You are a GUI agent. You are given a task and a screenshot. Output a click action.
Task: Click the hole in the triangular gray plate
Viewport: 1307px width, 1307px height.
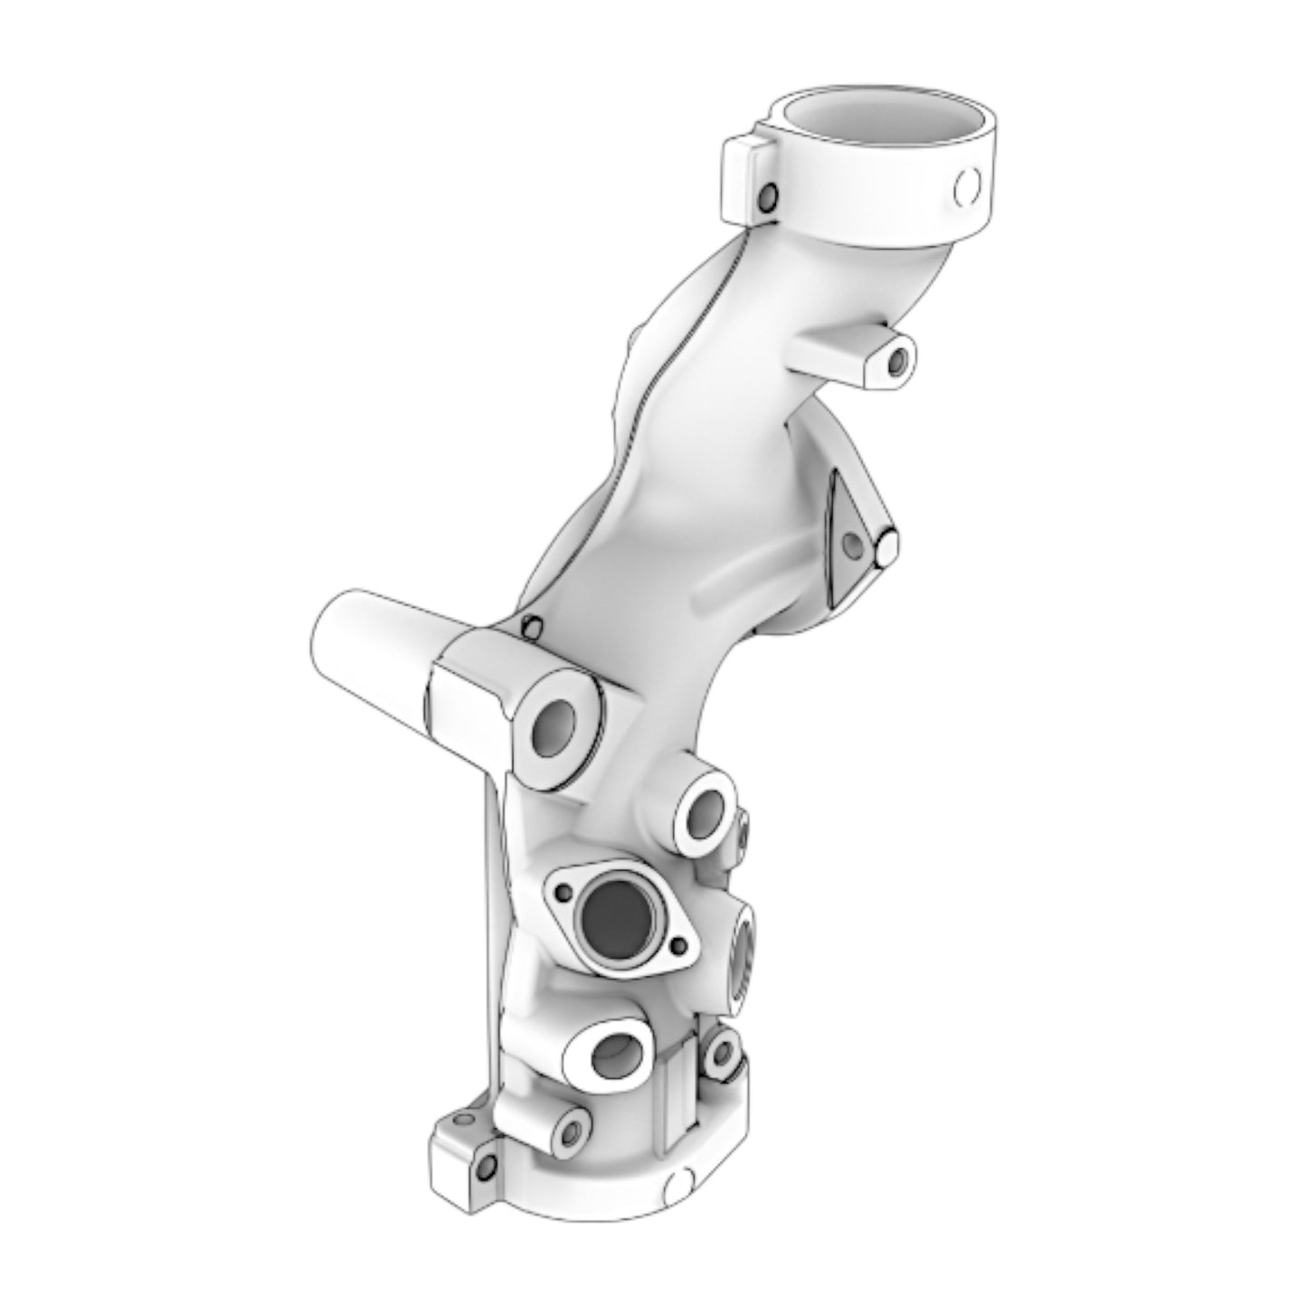(851, 543)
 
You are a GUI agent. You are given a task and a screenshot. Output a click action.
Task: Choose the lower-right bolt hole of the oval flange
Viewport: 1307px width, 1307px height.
(679, 946)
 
